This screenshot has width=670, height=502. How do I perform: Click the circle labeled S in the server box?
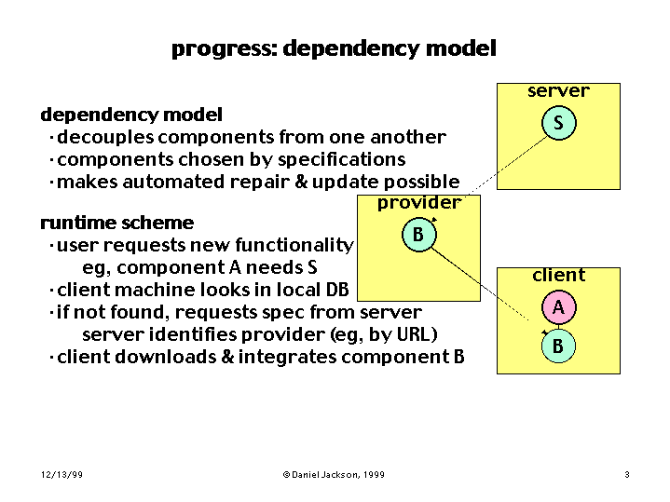click(558, 123)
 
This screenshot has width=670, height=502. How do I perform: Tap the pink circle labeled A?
click(558, 307)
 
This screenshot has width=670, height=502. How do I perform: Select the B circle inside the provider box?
click(419, 235)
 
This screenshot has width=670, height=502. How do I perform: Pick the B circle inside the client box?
click(558, 346)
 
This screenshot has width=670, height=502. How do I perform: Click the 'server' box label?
click(558, 91)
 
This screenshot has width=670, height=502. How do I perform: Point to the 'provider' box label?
click(419, 203)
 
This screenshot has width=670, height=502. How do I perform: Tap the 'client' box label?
click(558, 275)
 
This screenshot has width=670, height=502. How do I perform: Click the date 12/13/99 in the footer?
click(62, 475)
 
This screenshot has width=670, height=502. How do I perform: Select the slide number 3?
click(627, 474)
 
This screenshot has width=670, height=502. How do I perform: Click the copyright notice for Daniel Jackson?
click(334, 475)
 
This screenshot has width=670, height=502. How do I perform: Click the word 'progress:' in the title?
click(225, 48)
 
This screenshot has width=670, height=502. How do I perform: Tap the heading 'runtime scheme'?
click(117, 223)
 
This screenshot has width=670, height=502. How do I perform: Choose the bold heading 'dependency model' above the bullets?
click(131, 115)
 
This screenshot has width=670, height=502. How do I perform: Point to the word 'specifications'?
click(341, 160)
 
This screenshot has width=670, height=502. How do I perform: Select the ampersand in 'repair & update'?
click(301, 182)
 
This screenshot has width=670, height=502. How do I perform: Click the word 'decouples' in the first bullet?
click(105, 138)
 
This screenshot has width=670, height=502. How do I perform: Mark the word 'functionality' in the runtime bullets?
click(294, 246)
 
